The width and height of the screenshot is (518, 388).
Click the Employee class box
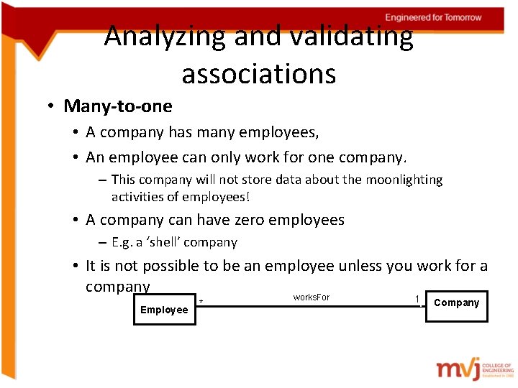[x=164, y=310]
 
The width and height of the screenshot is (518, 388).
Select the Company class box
[x=456, y=303]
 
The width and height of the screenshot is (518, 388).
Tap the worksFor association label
[x=312, y=297]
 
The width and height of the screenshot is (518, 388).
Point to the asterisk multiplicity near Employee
[x=201, y=302]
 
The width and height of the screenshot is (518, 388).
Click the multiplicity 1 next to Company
[x=417, y=298]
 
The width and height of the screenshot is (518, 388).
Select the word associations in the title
[x=259, y=73]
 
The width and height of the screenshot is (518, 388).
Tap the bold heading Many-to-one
[x=118, y=106]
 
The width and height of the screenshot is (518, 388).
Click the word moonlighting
[x=402, y=180]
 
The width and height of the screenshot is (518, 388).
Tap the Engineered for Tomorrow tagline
[x=433, y=17]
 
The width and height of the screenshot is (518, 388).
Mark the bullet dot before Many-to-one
[x=53, y=107]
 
